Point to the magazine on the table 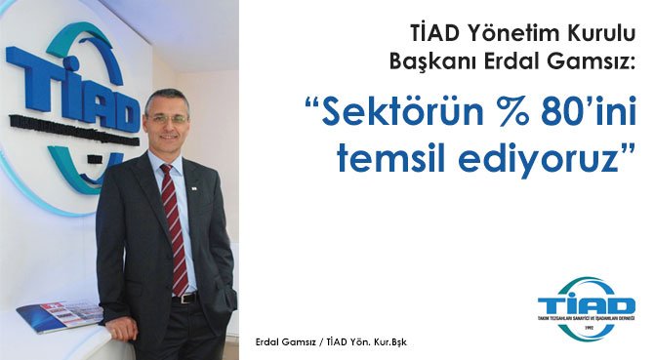pyautogui.click(x=59, y=314)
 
